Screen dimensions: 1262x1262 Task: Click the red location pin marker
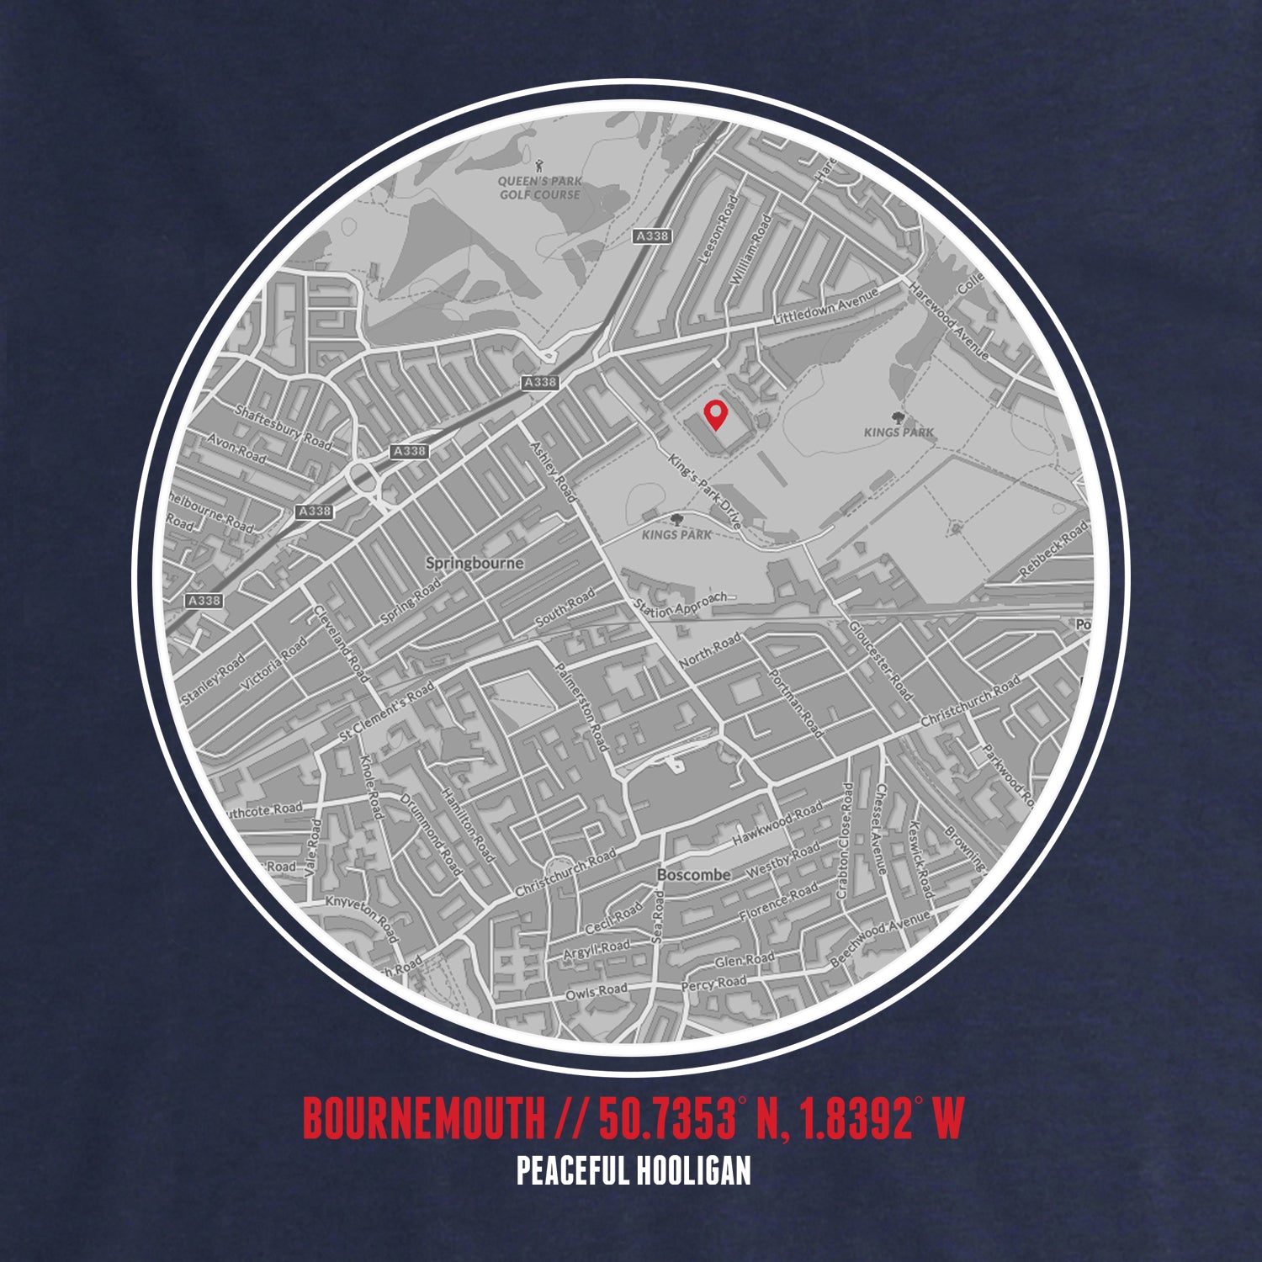[x=715, y=414]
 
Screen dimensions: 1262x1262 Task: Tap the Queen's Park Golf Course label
[x=539, y=188]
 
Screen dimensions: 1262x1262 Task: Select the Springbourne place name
[x=475, y=563]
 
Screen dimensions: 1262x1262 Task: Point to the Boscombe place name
[x=693, y=875]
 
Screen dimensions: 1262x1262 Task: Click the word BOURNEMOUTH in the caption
[x=423, y=1117]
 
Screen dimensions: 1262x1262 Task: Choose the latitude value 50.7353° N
[x=672, y=1117]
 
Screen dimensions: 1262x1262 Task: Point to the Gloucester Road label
[x=880, y=660]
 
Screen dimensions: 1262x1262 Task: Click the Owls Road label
[x=596, y=993]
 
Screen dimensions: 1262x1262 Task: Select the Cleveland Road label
[x=341, y=644]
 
